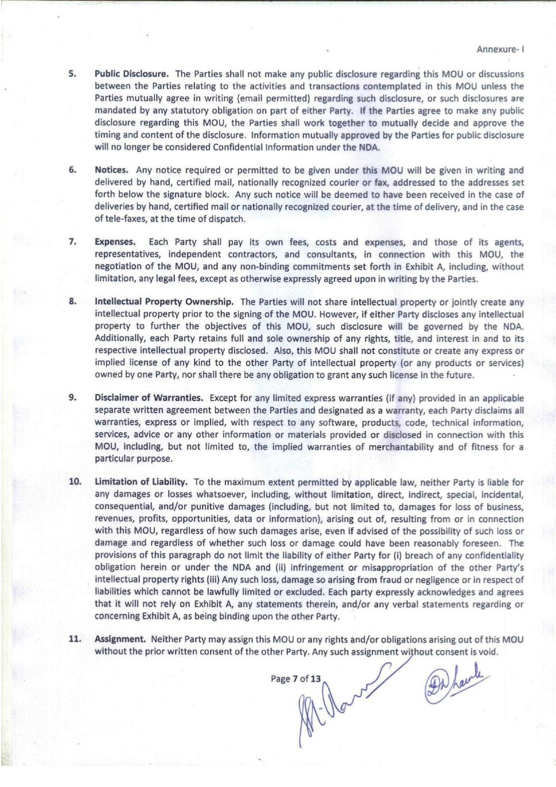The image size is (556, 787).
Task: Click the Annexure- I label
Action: point(500,49)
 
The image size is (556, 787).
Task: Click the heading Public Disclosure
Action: point(131,74)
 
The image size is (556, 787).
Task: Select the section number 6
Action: point(72,170)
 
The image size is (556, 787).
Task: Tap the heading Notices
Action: point(112,170)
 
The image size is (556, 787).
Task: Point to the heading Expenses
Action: point(115,242)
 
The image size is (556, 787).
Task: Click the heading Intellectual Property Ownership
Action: point(164,302)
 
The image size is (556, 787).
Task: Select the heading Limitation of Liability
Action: point(141,482)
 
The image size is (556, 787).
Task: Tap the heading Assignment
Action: point(120,639)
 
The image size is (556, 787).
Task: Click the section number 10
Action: point(75,482)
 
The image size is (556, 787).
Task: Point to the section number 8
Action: point(72,302)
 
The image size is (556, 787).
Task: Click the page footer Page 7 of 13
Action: point(296,678)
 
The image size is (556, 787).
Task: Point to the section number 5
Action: point(72,74)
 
